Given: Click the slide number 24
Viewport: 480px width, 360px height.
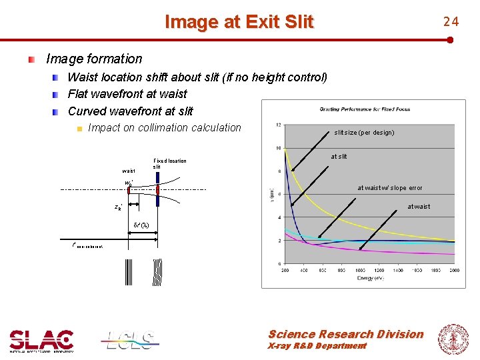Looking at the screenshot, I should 451,21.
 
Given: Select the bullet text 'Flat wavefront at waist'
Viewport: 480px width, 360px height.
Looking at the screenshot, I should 127,94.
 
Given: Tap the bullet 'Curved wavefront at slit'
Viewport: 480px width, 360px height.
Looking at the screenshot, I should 131,111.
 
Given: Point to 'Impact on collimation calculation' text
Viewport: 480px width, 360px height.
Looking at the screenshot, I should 164,127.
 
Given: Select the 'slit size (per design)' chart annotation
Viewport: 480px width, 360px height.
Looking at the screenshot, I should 364,133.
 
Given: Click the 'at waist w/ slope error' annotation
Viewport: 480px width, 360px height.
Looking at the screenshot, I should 390,188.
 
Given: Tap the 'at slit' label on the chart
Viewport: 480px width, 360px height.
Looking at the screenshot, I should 339,157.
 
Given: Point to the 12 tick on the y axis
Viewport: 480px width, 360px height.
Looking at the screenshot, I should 277,125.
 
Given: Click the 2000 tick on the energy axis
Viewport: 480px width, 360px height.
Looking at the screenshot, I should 454,271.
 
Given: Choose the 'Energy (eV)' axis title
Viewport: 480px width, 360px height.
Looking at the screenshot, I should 369,277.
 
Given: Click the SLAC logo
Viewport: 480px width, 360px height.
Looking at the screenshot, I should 41,341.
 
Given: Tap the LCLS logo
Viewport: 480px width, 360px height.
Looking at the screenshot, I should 131,341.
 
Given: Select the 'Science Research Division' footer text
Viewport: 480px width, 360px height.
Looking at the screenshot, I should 345,334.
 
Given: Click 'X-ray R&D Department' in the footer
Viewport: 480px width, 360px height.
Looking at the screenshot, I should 317,346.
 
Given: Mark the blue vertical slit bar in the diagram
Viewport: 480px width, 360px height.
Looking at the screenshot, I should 157,189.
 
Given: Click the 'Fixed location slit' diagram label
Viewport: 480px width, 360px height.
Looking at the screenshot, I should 169,163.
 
